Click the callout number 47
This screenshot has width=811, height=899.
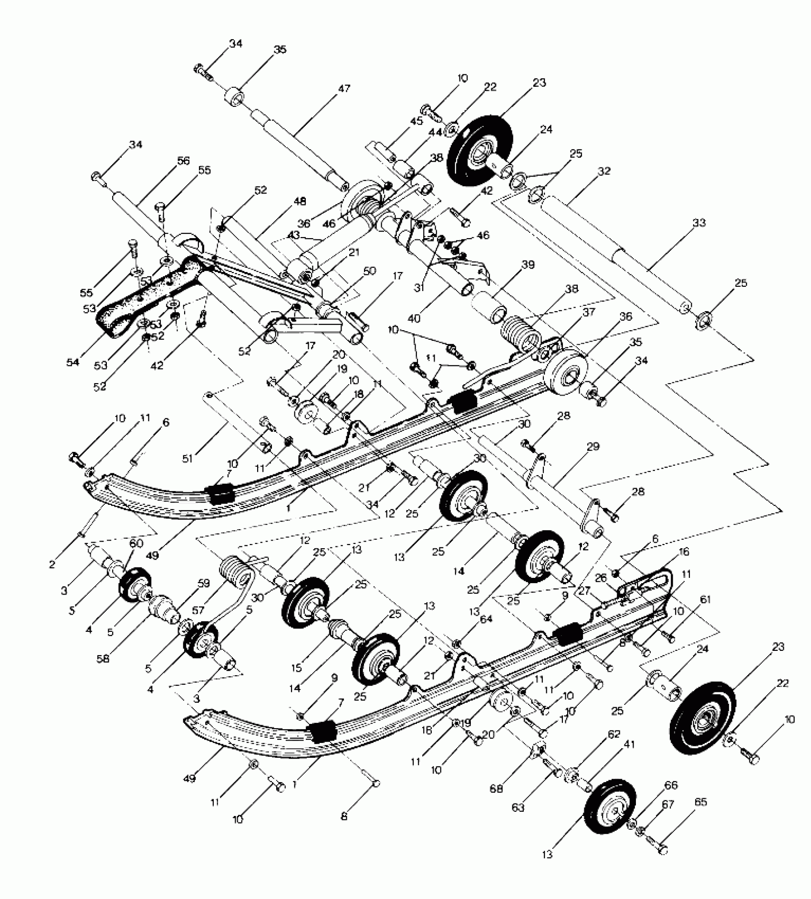(x=344, y=88)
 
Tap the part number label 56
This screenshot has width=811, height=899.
(x=183, y=162)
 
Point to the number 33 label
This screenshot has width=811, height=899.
(x=698, y=222)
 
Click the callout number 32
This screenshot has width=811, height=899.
(x=604, y=171)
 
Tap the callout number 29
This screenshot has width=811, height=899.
(x=593, y=447)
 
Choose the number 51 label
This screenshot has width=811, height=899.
(x=187, y=459)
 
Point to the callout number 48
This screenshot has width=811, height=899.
(x=300, y=201)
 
